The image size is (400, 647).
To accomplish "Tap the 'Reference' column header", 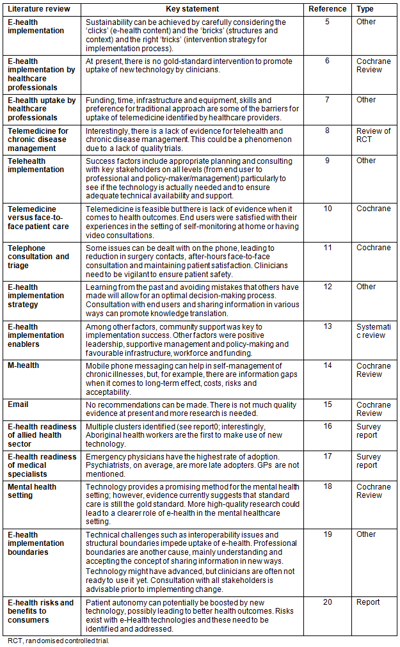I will pos(327,9).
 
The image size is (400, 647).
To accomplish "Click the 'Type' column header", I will pos(365,9).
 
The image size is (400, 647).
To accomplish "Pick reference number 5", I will pos(327,22).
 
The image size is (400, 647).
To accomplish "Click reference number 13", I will pos(327,326).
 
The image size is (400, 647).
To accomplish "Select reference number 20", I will pos(327,602).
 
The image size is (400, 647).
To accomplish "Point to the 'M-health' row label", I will pos(23,365).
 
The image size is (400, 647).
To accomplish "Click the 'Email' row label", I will pos(18,404).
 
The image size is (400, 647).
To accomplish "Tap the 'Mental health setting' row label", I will pos(32,491).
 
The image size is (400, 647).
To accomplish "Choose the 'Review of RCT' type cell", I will pos(373,135).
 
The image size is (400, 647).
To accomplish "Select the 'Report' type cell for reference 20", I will pos(368,602).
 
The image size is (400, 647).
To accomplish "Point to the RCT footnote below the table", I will pos(59,640).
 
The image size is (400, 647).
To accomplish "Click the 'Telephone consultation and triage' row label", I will pos(38,257).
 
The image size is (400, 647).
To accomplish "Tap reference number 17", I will pos(327,457).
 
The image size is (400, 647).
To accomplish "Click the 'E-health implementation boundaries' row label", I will pos(36,543).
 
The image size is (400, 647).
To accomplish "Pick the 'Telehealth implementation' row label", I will pos(36,165).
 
